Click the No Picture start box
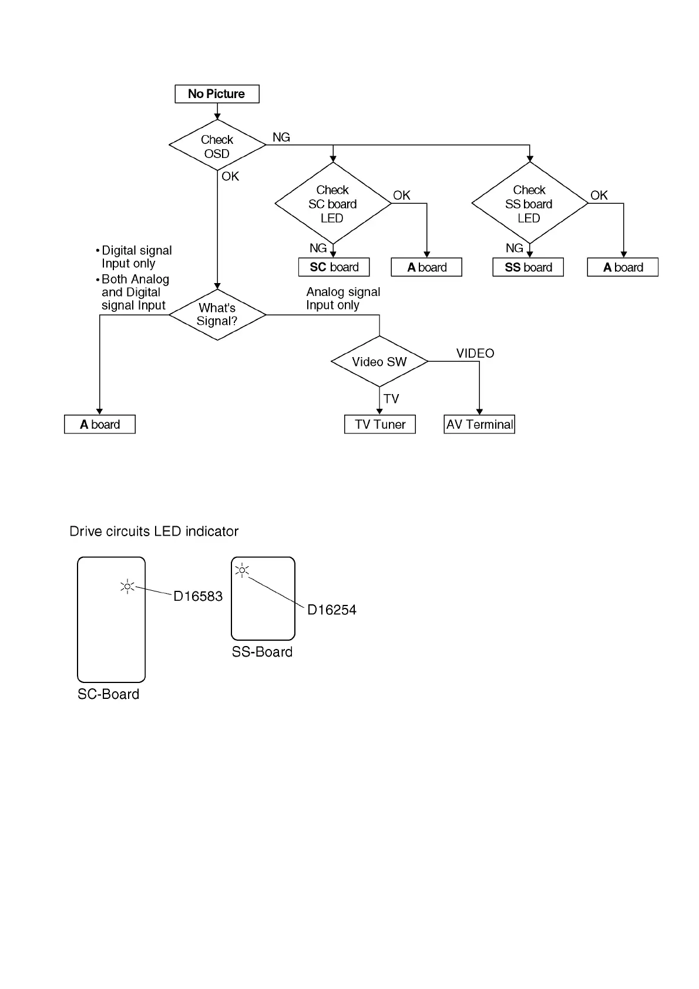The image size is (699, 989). [x=217, y=94]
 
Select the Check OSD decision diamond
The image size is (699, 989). [x=217, y=146]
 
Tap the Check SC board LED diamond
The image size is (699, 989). [x=332, y=204]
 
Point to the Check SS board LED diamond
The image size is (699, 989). [x=529, y=204]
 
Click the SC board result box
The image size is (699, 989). [x=334, y=267]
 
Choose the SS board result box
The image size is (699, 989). [x=528, y=267]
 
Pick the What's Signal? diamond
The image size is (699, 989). [x=217, y=315]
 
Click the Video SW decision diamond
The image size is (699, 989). [x=379, y=362]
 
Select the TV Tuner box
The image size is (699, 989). [x=380, y=425]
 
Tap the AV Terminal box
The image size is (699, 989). [x=479, y=425]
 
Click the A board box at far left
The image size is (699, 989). [x=100, y=425]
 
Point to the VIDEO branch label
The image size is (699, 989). [x=475, y=354]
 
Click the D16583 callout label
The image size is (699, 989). [x=198, y=597]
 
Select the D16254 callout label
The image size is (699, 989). [x=332, y=610]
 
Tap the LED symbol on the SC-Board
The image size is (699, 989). [x=127, y=587]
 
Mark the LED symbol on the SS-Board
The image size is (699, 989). [x=242, y=570]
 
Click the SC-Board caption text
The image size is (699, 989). [x=109, y=694]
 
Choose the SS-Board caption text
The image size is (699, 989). [x=262, y=652]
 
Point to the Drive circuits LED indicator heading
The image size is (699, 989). [x=154, y=531]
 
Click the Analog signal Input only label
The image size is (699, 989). [x=343, y=298]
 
